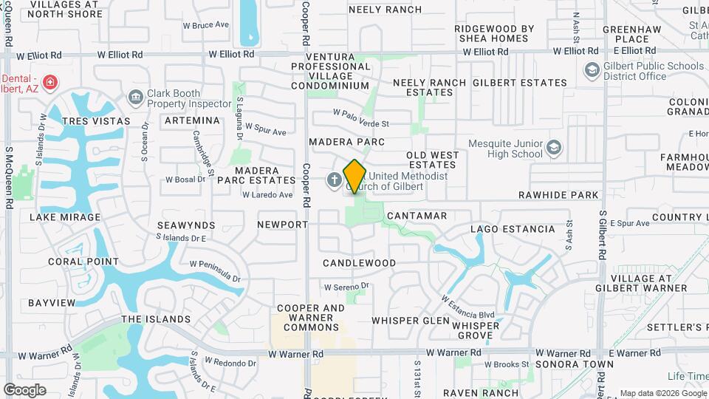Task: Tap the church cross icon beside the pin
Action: (x=334, y=179)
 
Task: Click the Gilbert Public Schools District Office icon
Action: (x=592, y=70)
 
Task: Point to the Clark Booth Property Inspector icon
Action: (x=135, y=96)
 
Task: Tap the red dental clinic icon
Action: (x=50, y=82)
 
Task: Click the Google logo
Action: (x=24, y=390)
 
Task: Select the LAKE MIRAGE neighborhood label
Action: (x=65, y=217)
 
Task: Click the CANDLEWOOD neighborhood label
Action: (x=360, y=263)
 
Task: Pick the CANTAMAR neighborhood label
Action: (x=417, y=215)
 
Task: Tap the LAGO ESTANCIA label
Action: (x=513, y=229)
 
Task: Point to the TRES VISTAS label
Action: (x=96, y=120)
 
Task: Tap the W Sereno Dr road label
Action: (x=346, y=286)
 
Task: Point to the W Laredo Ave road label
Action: (x=267, y=195)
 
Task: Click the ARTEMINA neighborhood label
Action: (x=192, y=120)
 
